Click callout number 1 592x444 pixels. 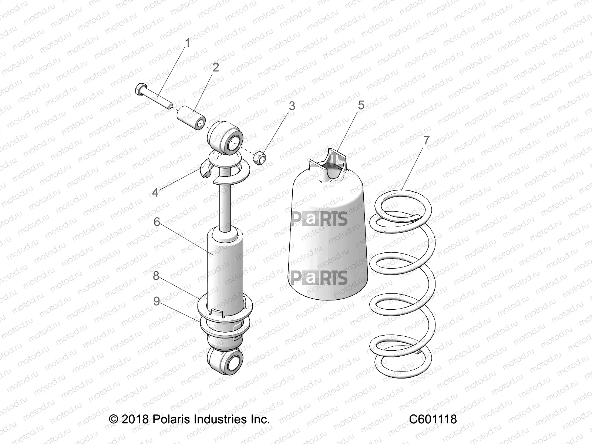187,43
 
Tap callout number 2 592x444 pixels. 215,67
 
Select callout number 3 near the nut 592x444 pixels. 292,106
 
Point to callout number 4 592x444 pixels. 155,192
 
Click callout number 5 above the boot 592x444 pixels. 361,105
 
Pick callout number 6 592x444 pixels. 157,222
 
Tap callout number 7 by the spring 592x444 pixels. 426,140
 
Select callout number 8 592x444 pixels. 156,276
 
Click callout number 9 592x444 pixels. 157,302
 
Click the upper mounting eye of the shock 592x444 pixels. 226,139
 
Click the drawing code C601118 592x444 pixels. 433,419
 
